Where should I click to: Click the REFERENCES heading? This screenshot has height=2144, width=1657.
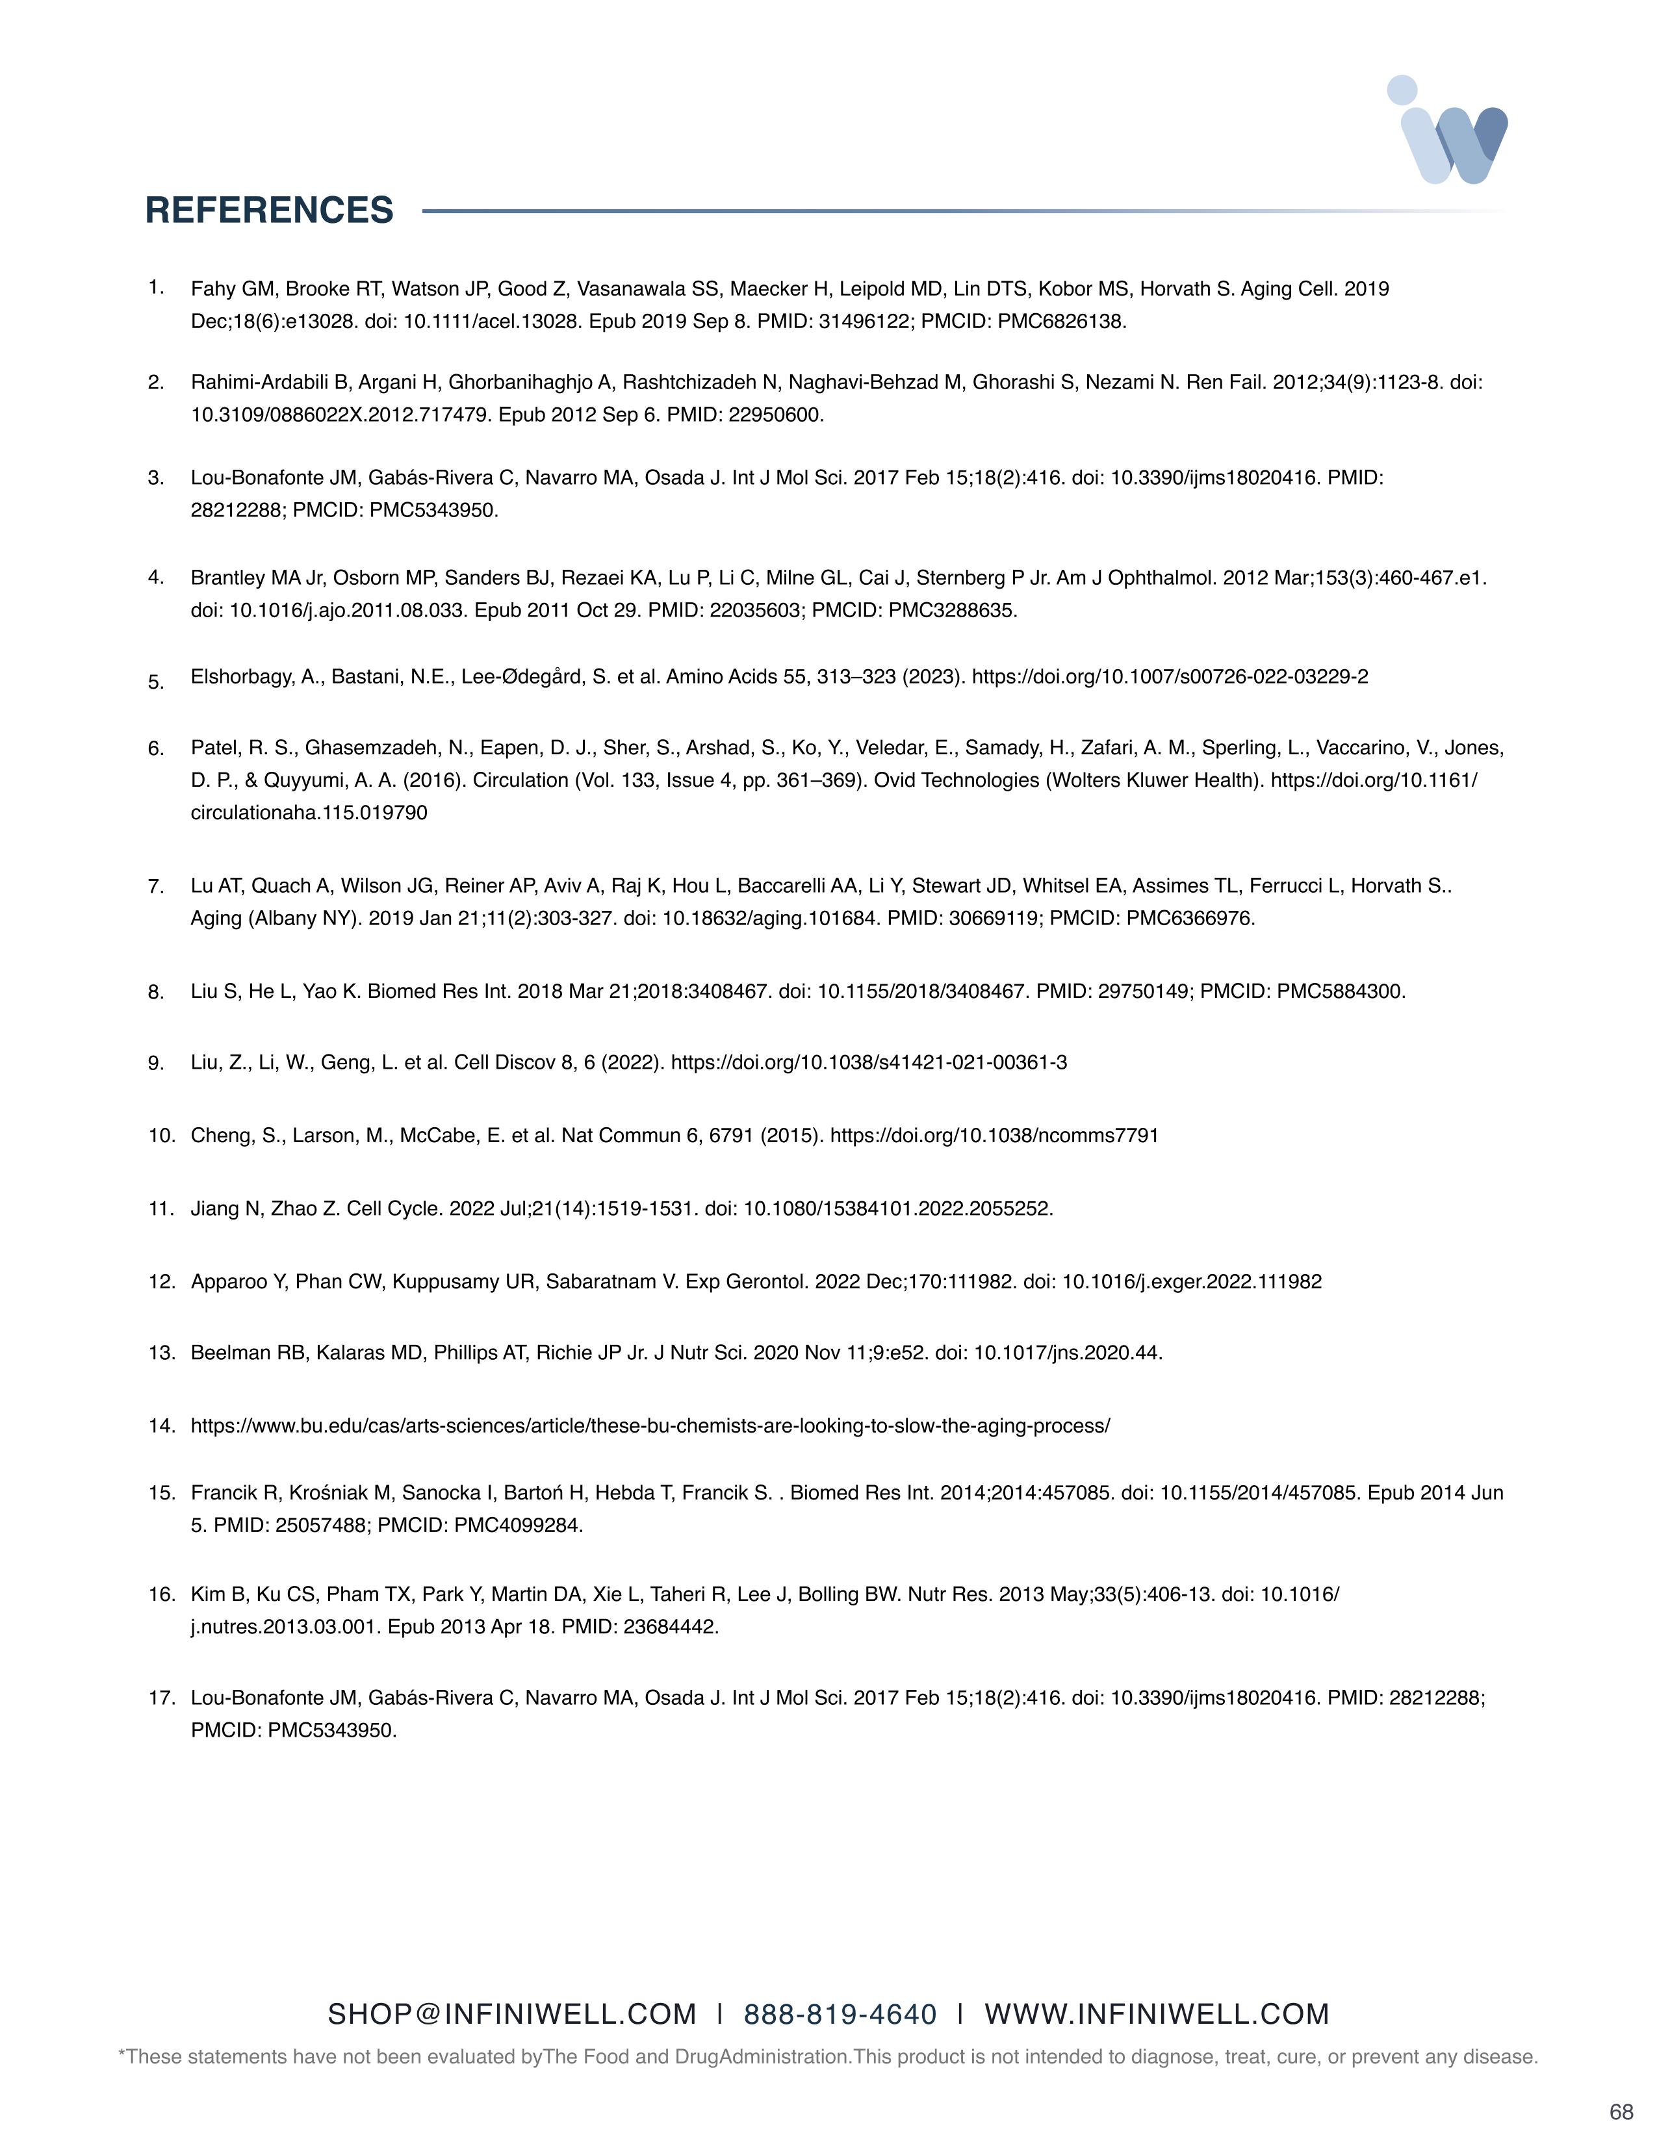tap(269, 210)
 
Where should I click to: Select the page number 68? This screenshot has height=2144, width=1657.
tap(1621, 2112)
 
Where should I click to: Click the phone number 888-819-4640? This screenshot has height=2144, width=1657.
tap(840, 2015)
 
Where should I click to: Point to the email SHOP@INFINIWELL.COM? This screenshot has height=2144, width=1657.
tap(511, 2015)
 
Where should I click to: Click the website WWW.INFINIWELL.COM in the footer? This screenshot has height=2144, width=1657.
tap(1157, 2015)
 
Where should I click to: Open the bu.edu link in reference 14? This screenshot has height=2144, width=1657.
tap(650, 1425)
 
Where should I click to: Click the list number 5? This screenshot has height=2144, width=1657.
tap(156, 682)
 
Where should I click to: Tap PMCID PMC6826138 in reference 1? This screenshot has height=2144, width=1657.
tap(1062, 321)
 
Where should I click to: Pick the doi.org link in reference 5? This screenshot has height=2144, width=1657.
tap(1169, 676)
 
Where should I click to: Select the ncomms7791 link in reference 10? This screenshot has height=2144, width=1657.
tap(994, 1136)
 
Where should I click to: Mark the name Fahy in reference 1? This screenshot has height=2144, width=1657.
tap(212, 288)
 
